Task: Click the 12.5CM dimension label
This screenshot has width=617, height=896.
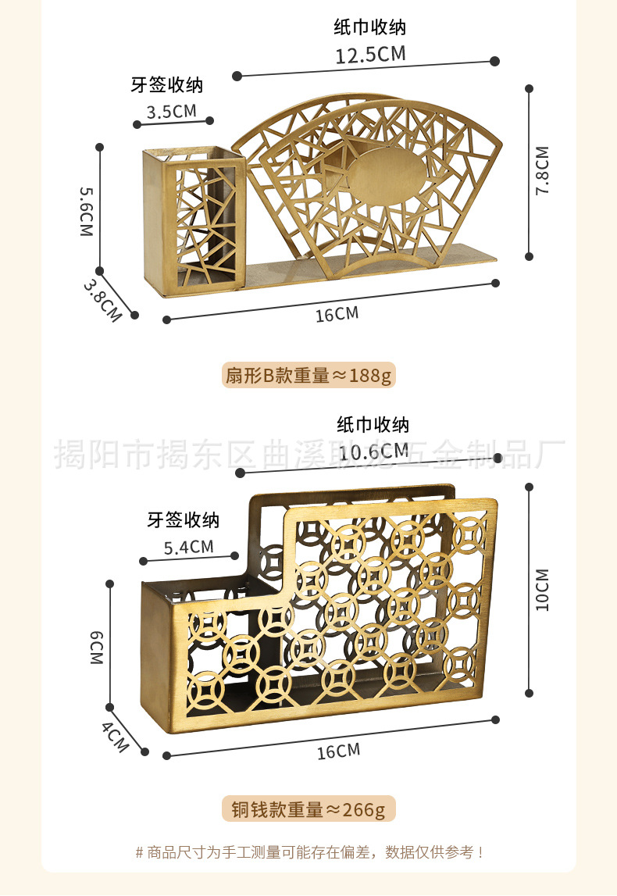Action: (x=370, y=55)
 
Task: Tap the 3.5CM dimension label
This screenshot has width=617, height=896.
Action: (x=172, y=111)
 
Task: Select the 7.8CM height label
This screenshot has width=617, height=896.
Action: (x=543, y=170)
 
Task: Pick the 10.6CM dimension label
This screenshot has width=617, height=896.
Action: (x=373, y=452)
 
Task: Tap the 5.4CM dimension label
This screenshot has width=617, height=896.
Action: (x=188, y=547)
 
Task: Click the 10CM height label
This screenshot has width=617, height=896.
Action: (x=543, y=590)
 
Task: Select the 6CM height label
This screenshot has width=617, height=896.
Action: (x=96, y=648)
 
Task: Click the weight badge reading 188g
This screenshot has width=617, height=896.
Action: (x=308, y=376)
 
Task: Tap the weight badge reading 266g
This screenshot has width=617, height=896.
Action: (x=308, y=809)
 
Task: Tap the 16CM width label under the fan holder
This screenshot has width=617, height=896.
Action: (x=337, y=314)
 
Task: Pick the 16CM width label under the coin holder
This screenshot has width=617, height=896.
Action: (x=338, y=751)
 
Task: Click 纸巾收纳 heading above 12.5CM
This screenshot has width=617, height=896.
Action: (x=370, y=28)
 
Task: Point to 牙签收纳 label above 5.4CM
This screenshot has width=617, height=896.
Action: (x=184, y=519)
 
